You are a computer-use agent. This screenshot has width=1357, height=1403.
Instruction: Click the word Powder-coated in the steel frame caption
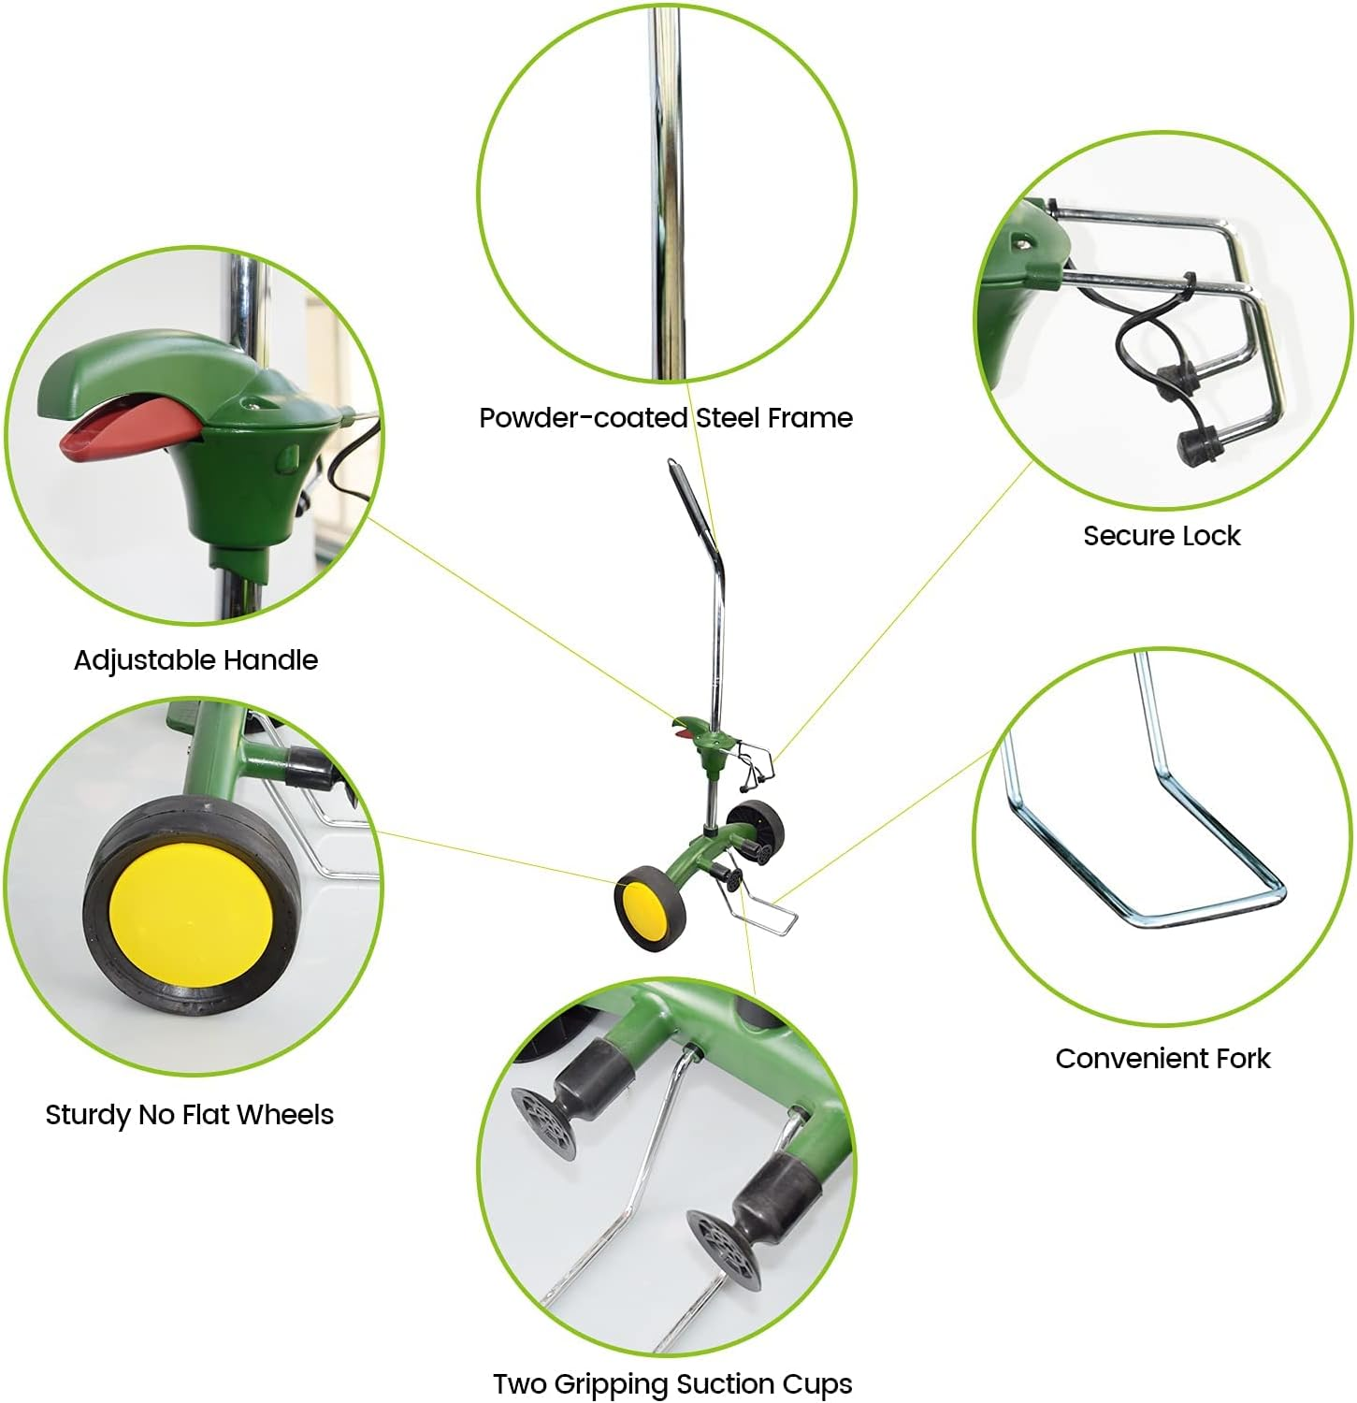(584, 418)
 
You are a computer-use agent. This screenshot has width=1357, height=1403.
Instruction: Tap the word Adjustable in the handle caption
(142, 660)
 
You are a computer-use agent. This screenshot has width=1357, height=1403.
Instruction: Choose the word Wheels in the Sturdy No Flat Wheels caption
(286, 1114)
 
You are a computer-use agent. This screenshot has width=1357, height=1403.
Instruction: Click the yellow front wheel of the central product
(639, 908)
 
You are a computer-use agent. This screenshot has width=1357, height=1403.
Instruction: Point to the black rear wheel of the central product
(756, 827)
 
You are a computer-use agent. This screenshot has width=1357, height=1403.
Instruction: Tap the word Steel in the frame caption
(727, 418)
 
